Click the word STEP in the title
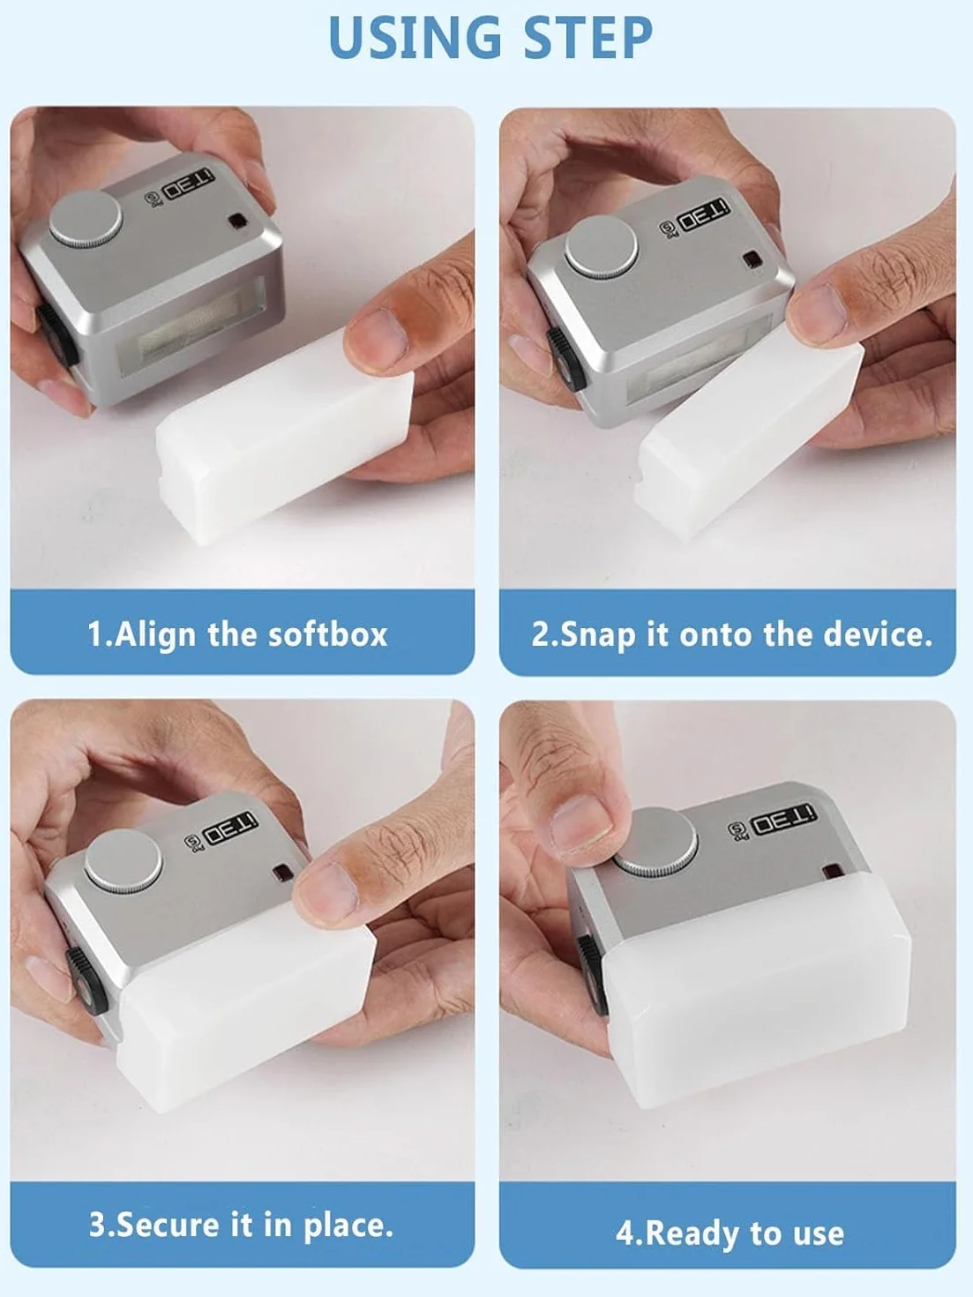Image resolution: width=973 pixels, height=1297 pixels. [x=588, y=37]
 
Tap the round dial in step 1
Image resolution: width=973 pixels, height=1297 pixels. [x=86, y=219]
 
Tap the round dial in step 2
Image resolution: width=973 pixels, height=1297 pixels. [x=602, y=247]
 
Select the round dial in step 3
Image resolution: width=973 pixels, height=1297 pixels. [x=123, y=860]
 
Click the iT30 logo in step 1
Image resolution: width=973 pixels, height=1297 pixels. [x=189, y=184]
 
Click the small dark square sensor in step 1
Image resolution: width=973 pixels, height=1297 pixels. [x=237, y=221]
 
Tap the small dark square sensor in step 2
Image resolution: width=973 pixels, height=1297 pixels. [x=752, y=259]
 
